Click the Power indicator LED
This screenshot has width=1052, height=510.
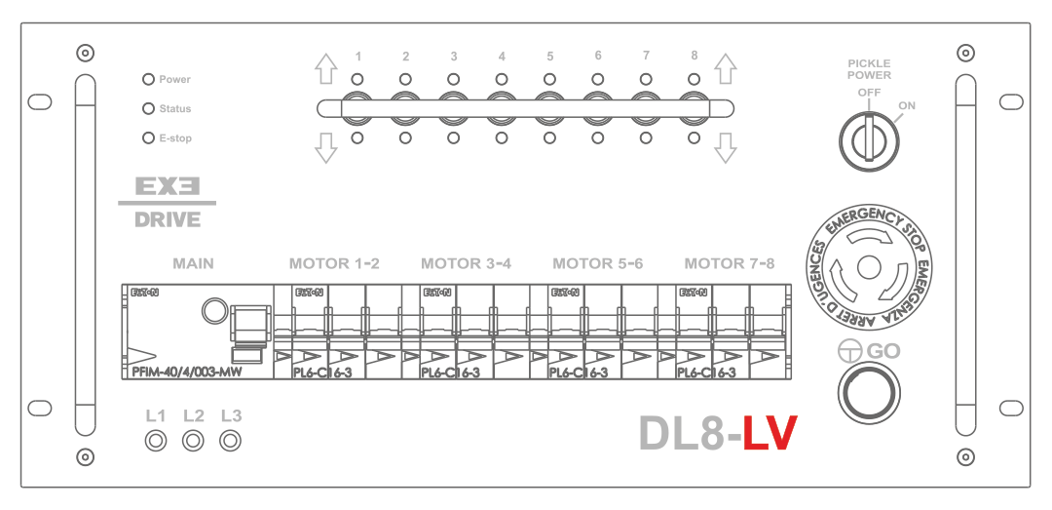click(x=149, y=79)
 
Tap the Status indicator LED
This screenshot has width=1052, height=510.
click(x=149, y=109)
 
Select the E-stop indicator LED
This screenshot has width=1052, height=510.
click(x=149, y=138)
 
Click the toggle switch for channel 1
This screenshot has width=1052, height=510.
click(x=357, y=107)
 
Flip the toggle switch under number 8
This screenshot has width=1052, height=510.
click(x=694, y=107)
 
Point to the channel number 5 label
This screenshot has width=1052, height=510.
click(x=549, y=57)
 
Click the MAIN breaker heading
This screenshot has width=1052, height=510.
click(x=193, y=263)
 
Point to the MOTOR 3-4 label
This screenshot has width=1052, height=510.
click(x=466, y=263)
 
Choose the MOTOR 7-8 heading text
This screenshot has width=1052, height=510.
click(x=730, y=263)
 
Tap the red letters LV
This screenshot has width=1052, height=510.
click(x=770, y=434)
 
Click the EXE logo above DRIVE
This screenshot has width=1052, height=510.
click(x=168, y=185)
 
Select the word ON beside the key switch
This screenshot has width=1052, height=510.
click(x=907, y=105)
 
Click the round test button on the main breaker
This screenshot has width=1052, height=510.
click(x=211, y=311)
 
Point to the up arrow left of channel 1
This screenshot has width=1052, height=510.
click(x=325, y=68)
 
